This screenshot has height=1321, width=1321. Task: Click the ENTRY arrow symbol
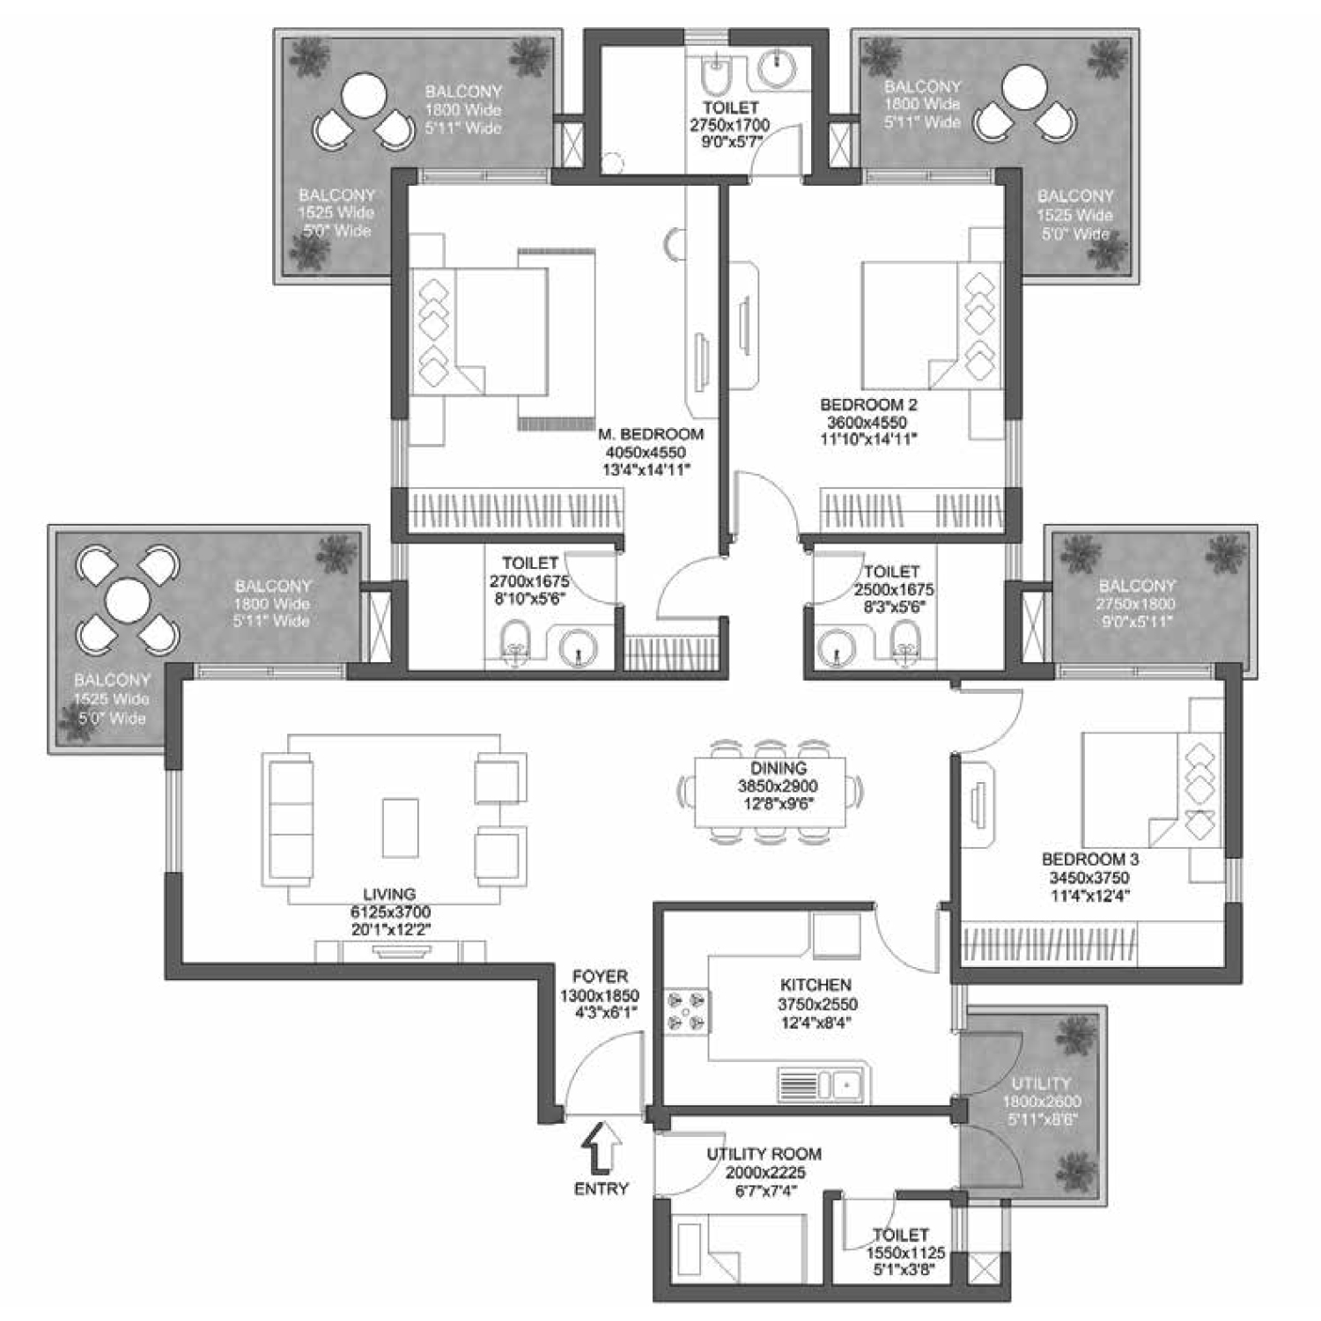pyautogui.click(x=602, y=1148)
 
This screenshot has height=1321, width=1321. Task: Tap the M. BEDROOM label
pyautogui.click(x=651, y=434)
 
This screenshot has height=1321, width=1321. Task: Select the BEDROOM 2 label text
pyautogui.click(x=868, y=405)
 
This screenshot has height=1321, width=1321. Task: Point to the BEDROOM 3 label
pyautogui.click(x=1090, y=859)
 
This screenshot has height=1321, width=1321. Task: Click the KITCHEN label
pyautogui.click(x=815, y=985)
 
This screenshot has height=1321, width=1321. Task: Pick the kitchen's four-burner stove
pyautogui.click(x=687, y=1010)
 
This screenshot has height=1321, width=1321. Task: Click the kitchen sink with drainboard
pyautogui.click(x=823, y=1085)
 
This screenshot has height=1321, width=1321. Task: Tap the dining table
pyautogui.click(x=770, y=793)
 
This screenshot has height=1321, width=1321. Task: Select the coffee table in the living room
pyautogui.click(x=400, y=827)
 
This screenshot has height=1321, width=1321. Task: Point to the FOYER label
pyautogui.click(x=600, y=977)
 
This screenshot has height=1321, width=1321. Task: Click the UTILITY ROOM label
pyautogui.click(x=764, y=1154)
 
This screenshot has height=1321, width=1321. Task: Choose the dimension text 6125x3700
pyautogui.click(x=390, y=912)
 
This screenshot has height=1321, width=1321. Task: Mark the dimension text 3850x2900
pyautogui.click(x=778, y=786)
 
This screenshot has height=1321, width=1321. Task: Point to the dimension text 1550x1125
pyautogui.click(x=905, y=1252)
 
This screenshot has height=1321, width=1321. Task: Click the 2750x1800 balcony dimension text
pyautogui.click(x=1136, y=604)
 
